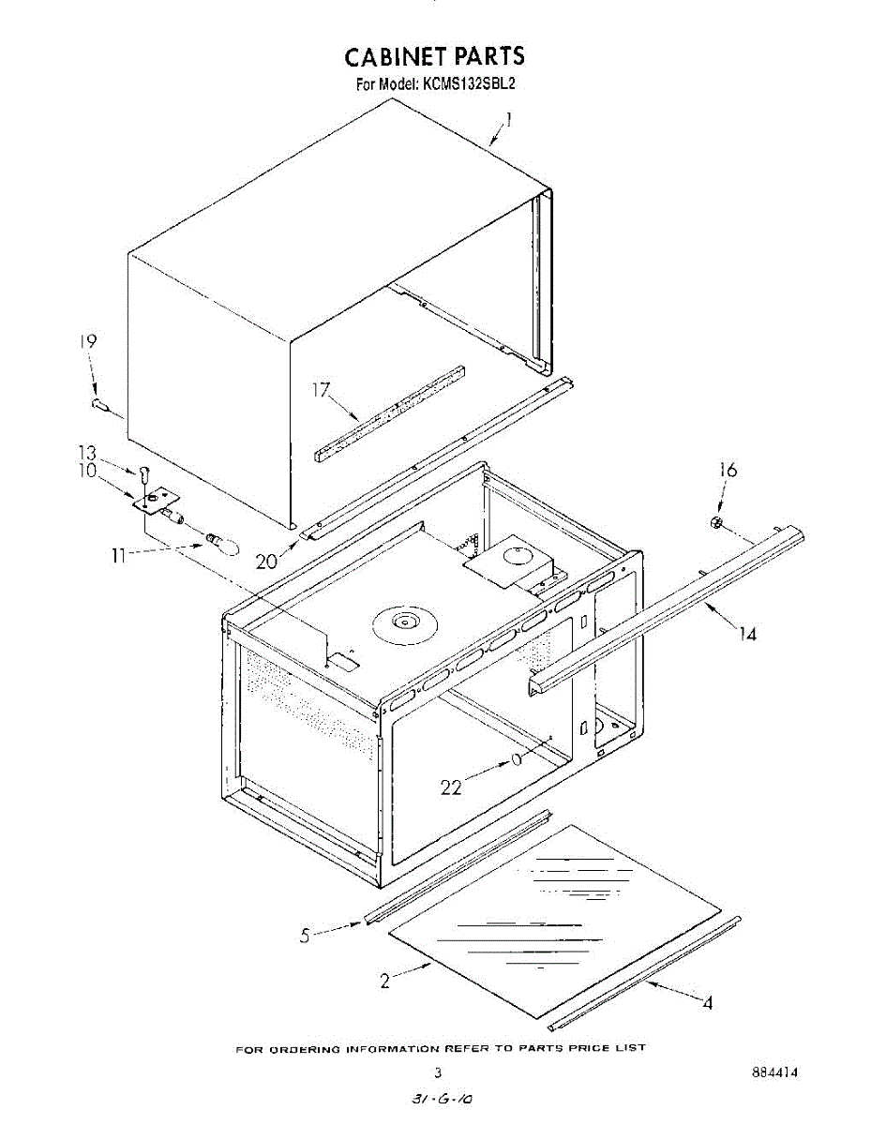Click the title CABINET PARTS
[435, 58]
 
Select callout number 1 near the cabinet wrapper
[508, 119]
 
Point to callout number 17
[323, 389]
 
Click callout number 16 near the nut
[727, 470]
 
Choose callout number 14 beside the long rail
[746, 635]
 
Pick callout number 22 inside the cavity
[452, 787]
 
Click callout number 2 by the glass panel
[385, 982]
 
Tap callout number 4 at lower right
[707, 1004]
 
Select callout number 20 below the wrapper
[265, 561]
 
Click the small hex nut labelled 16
[716, 522]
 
